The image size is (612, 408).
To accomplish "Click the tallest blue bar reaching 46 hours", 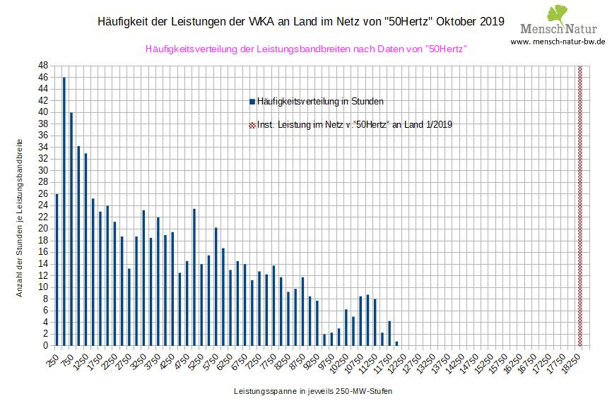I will click(x=64, y=212).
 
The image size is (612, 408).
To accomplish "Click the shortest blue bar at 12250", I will click(x=396, y=344).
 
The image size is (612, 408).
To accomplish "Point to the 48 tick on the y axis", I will click(x=43, y=66).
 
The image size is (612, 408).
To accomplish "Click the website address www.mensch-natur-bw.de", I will click(x=558, y=42).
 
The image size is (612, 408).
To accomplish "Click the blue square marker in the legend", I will click(x=252, y=102).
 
